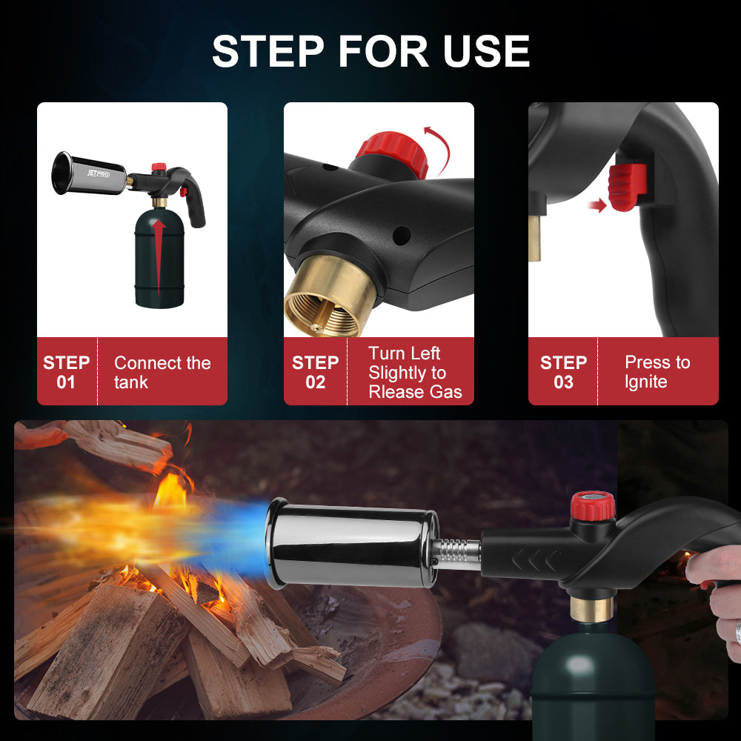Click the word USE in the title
click(486, 51)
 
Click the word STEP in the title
click(268, 51)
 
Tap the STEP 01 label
click(66, 373)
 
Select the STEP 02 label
click(315, 373)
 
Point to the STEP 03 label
click(563, 373)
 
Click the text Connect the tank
click(162, 373)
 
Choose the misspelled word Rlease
click(396, 392)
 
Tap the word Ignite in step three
click(645, 382)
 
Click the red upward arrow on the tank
click(159, 255)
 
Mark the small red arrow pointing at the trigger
click(598, 205)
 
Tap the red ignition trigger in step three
click(627, 187)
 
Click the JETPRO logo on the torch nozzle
click(99, 173)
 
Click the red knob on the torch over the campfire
click(593, 505)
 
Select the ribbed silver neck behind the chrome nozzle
click(456, 551)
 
